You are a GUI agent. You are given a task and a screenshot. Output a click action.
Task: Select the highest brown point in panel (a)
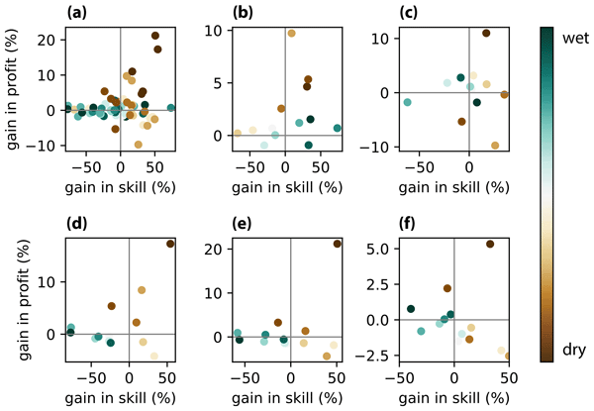(x=155, y=37)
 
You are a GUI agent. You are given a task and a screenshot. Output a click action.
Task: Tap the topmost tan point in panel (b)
(x=291, y=33)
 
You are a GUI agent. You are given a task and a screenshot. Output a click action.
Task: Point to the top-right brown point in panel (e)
(x=338, y=244)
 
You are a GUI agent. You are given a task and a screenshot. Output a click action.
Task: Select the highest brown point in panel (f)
(x=490, y=245)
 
